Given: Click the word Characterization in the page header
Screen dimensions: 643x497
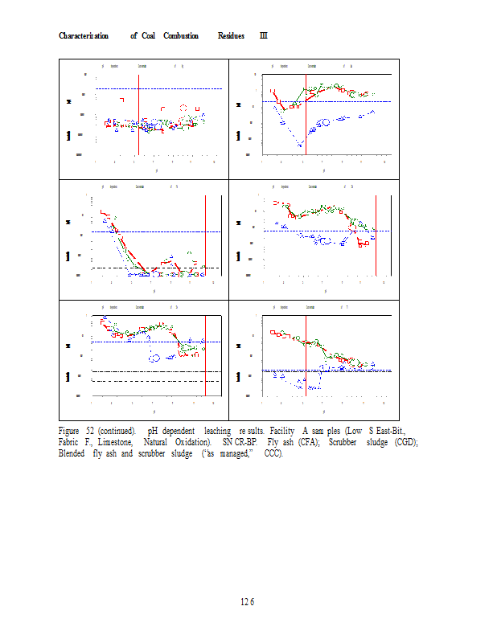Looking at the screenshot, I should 84,36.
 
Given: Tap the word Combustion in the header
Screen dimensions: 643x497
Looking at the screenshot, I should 181,36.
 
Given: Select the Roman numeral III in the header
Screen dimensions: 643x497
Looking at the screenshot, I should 264,36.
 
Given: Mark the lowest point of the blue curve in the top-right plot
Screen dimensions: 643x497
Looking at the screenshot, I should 301,145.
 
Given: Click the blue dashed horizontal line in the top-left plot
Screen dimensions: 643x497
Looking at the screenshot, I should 177,88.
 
